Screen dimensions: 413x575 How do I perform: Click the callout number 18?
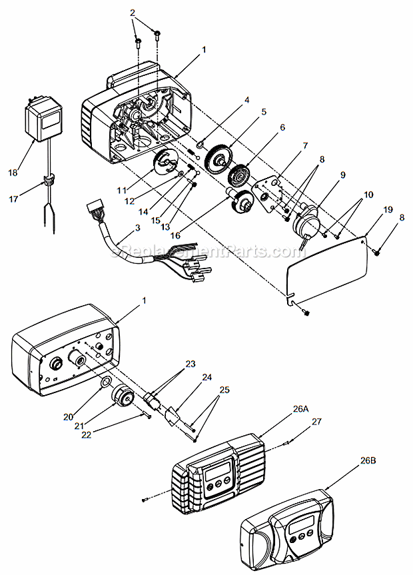click(x=13, y=173)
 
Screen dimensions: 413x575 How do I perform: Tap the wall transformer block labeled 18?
click(x=42, y=118)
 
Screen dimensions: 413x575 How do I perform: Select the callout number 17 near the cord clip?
click(x=13, y=199)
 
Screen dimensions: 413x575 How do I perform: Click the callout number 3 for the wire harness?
click(x=137, y=228)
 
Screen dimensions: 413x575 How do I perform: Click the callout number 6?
click(x=282, y=127)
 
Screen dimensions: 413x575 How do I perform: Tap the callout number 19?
click(x=388, y=209)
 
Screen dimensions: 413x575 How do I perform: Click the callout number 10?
click(x=368, y=195)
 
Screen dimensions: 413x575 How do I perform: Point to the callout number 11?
click(x=122, y=190)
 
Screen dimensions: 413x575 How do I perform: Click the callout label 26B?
click(x=368, y=460)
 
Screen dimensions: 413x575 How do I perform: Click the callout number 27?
click(x=316, y=422)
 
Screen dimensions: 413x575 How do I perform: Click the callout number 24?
click(x=207, y=377)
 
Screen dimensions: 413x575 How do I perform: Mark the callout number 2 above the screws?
click(x=133, y=13)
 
